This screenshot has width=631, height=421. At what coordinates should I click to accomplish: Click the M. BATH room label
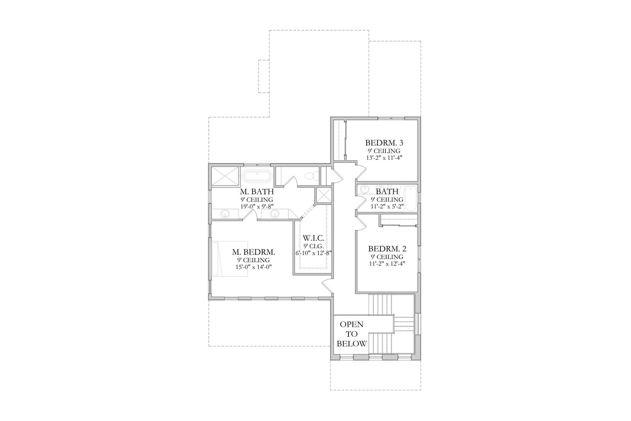pyautogui.click(x=257, y=192)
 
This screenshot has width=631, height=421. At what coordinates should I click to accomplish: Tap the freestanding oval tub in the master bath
pyautogui.click(x=257, y=176)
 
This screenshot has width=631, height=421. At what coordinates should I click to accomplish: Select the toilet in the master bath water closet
pyautogui.click(x=311, y=176)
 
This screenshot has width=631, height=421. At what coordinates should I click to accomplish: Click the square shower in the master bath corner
pyautogui.click(x=225, y=175)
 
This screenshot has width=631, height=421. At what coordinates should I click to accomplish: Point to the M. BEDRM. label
pyautogui.click(x=253, y=252)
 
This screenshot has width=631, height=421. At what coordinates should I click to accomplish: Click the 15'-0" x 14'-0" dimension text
pyautogui.click(x=253, y=267)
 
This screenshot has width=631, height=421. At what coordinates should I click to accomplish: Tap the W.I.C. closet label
pyautogui.click(x=314, y=238)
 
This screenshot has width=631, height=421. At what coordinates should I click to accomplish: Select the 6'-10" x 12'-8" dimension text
pyautogui.click(x=314, y=253)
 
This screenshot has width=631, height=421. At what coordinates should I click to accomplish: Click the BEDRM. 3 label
pyautogui.click(x=384, y=143)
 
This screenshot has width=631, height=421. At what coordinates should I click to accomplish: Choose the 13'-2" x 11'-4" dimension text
pyautogui.click(x=384, y=158)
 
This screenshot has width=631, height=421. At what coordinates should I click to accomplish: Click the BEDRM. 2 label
pyautogui.click(x=387, y=249)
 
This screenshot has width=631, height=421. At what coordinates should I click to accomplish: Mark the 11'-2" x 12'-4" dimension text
pyautogui.click(x=387, y=264)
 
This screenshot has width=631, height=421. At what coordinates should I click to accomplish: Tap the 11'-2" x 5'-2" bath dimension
pyautogui.click(x=387, y=207)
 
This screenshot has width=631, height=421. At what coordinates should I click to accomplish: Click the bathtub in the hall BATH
pyautogui.click(x=410, y=197)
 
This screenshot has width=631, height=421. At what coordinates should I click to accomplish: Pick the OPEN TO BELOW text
pyautogui.click(x=352, y=334)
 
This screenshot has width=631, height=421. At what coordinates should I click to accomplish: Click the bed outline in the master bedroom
pyautogui.click(x=229, y=258)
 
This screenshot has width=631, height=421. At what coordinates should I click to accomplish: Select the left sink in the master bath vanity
pyautogui.click(x=225, y=214)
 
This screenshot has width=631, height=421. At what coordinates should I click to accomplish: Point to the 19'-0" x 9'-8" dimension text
pyautogui.click(x=257, y=207)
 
